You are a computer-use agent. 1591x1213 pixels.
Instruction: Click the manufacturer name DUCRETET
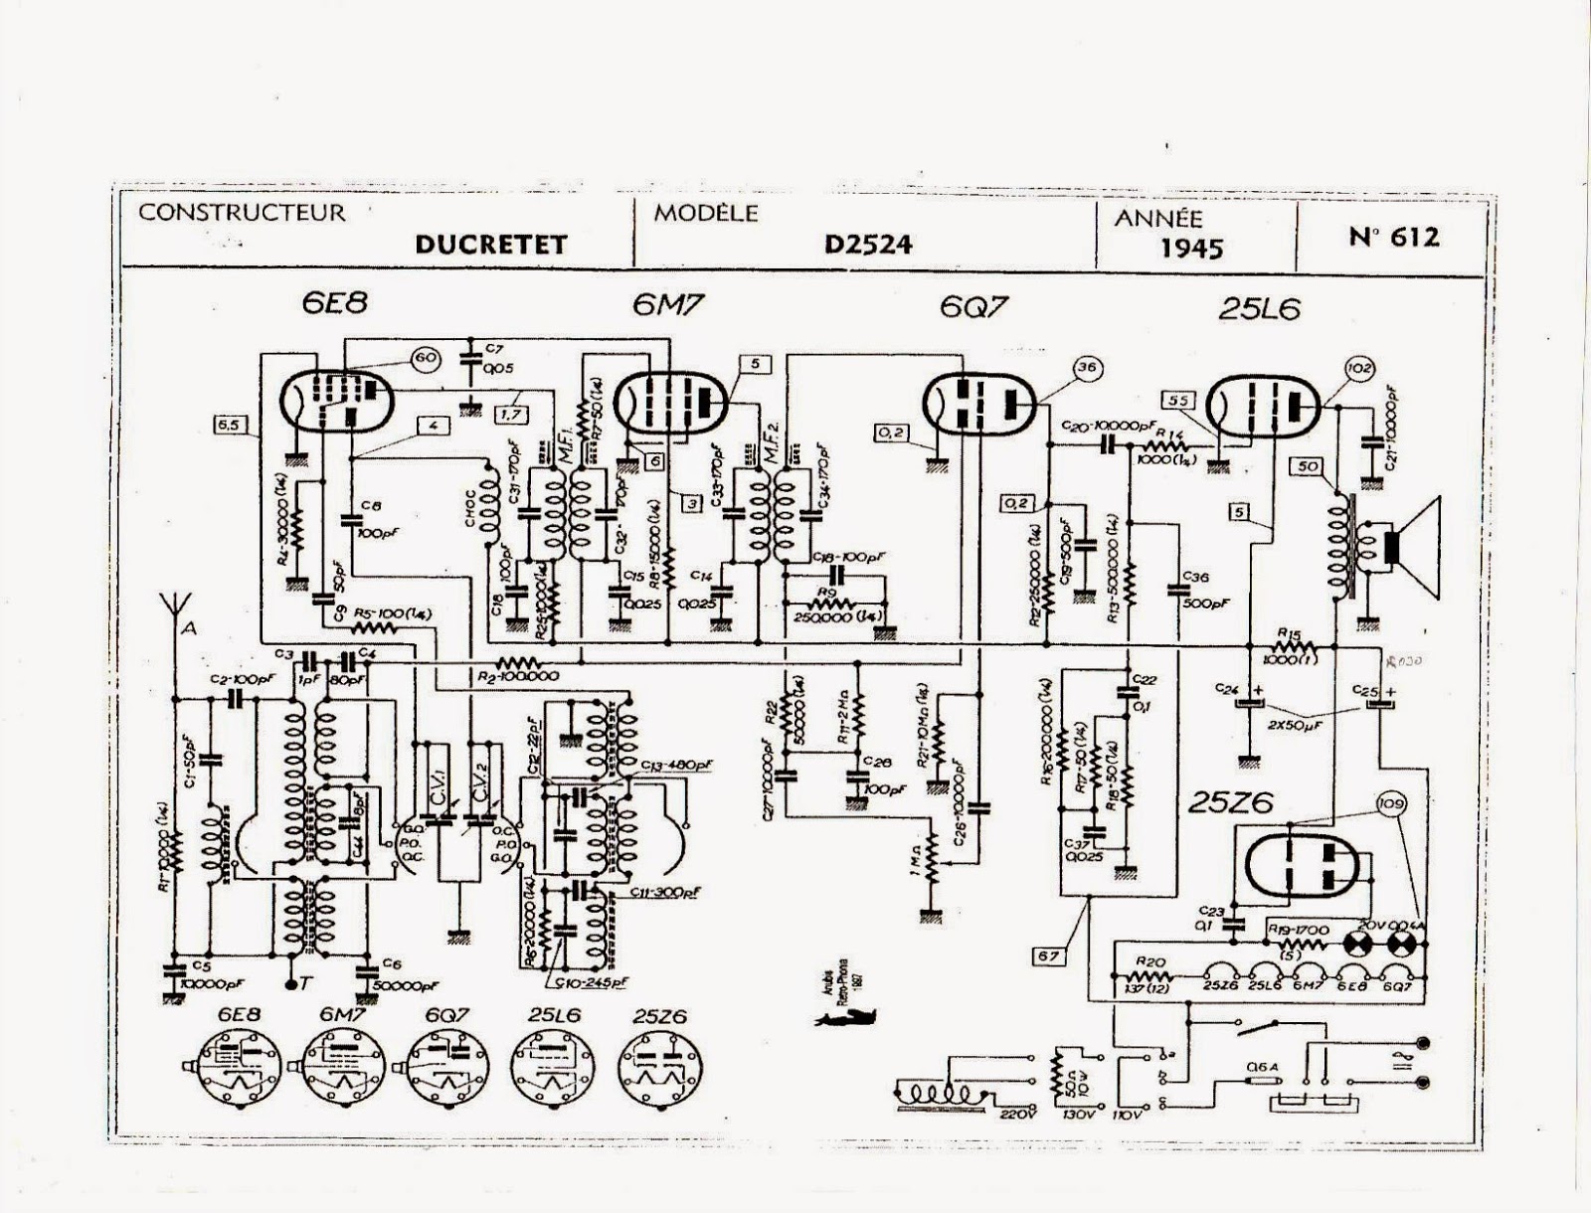pyautogui.click(x=490, y=245)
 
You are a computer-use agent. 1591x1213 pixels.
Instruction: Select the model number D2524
pyautogui.click(x=867, y=244)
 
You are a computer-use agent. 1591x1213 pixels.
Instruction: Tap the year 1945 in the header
pyautogui.click(x=1191, y=247)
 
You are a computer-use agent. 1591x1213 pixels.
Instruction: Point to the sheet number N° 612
pyautogui.click(x=1393, y=237)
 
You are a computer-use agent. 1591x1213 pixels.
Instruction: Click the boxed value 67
pyautogui.click(x=1050, y=955)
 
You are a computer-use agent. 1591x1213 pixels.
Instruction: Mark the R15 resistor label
pyautogui.click(x=1290, y=631)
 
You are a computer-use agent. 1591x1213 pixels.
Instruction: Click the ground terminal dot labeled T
pyautogui.click(x=290, y=984)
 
